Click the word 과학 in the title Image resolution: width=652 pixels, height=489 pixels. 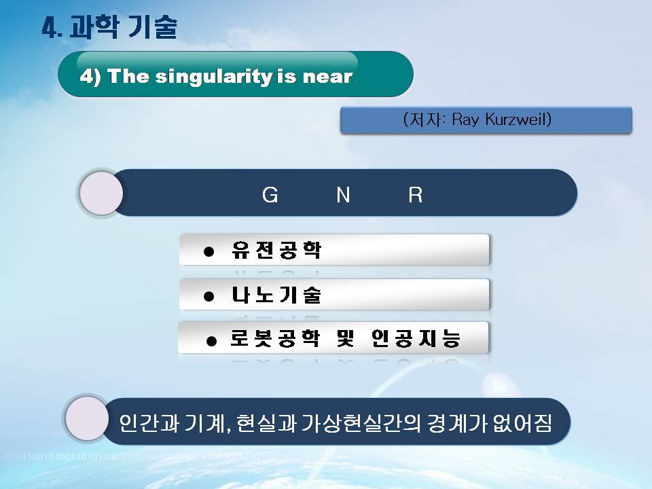(x=94, y=27)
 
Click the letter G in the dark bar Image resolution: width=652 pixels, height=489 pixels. (x=270, y=195)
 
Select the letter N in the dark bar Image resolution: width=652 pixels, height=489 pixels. (x=343, y=195)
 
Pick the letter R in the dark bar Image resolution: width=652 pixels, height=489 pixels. (x=416, y=195)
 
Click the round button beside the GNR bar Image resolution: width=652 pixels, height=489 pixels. (x=101, y=193)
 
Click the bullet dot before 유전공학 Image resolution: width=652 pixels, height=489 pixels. (x=209, y=251)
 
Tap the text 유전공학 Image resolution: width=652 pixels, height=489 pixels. (x=276, y=251)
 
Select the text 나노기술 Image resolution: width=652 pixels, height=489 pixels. (x=276, y=295)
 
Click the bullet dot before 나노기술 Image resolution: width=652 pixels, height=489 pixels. (x=209, y=297)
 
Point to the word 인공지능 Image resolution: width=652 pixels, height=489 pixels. (x=416, y=338)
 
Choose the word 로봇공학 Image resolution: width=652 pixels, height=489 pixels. (x=275, y=338)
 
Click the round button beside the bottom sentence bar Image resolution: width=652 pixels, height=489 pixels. (x=87, y=418)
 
